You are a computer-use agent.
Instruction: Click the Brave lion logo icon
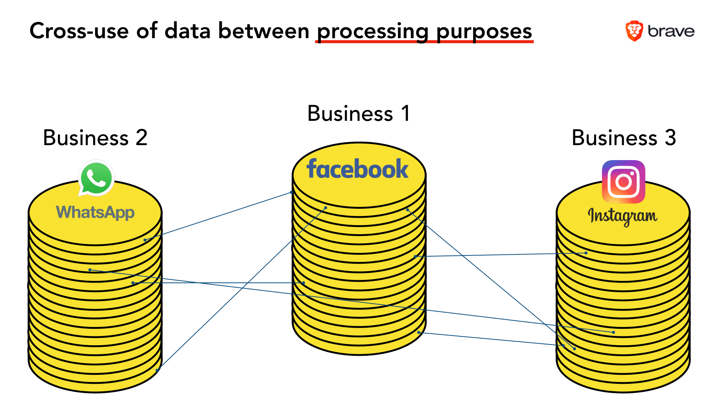click(634, 31)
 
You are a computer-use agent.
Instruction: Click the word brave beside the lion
click(671, 31)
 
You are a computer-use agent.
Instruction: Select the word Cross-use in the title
click(79, 31)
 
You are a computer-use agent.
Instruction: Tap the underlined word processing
click(372, 31)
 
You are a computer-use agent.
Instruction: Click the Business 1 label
click(358, 113)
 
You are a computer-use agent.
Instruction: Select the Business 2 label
click(95, 138)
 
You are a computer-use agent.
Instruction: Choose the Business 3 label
click(623, 138)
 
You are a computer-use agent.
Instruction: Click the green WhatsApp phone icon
click(96, 178)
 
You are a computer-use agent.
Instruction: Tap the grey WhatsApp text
click(95, 212)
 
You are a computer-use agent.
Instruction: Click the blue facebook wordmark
click(357, 169)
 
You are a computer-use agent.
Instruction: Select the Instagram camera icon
click(623, 182)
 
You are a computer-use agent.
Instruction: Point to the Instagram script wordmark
click(622, 216)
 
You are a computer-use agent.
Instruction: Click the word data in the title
click(187, 31)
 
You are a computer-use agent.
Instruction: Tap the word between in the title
click(264, 31)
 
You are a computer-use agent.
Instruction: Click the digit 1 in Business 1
click(405, 113)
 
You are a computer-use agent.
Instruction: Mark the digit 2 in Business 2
click(141, 138)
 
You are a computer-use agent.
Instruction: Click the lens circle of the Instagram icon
click(623, 182)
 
